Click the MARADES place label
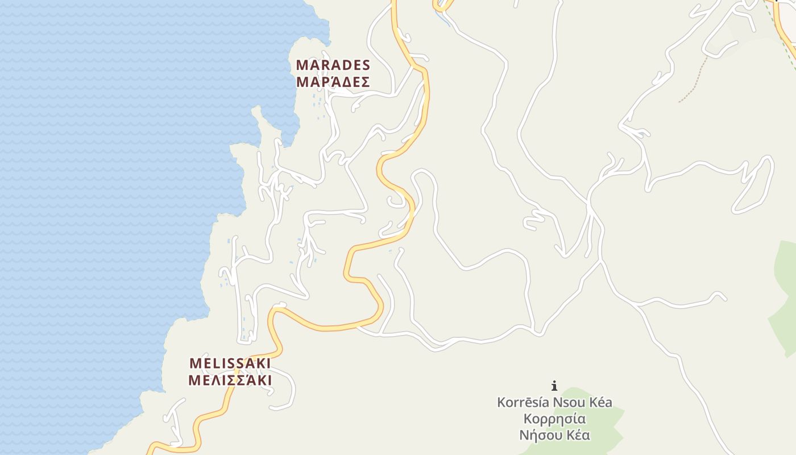click(333, 65)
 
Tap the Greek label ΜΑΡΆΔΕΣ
click(333, 82)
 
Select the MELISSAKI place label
click(230, 363)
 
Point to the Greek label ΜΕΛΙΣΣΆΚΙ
click(230, 380)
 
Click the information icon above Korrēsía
click(554, 386)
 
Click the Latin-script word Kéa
click(600, 403)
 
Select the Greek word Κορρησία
click(554, 419)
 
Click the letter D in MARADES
click(345, 65)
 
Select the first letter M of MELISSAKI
click(196, 363)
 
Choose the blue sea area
click(114, 171)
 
